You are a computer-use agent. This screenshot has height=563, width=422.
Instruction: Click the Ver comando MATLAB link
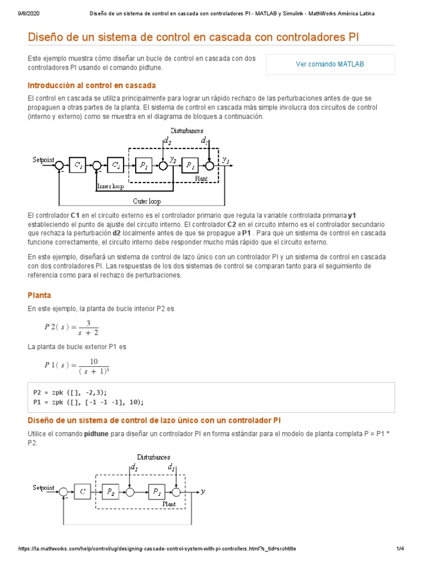coord(330,64)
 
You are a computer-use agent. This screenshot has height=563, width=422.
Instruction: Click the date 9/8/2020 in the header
coord(23,13)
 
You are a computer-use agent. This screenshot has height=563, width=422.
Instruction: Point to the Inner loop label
coord(110,186)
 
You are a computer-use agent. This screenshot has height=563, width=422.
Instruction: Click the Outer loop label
coord(147,202)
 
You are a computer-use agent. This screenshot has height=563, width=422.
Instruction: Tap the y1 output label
coord(226,160)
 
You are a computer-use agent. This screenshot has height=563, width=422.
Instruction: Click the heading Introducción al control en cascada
coord(92,85)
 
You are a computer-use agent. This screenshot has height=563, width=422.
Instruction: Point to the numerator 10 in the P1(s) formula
coord(94,361)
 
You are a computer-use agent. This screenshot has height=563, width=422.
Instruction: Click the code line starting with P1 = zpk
coord(88,402)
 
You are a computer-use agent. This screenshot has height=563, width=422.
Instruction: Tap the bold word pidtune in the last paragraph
coord(97,434)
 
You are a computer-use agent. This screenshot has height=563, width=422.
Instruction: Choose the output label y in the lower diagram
coord(203,492)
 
